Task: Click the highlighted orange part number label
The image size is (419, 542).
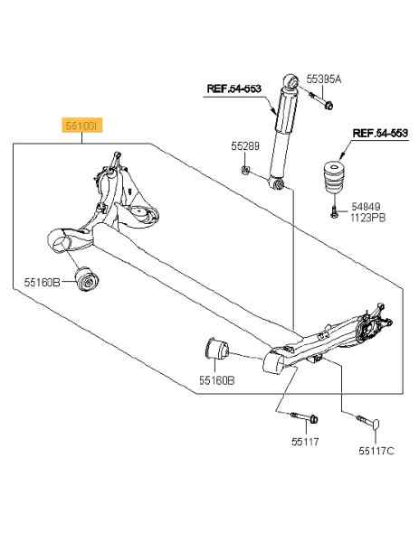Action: pos(82,126)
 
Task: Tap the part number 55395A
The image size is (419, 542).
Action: pos(324,79)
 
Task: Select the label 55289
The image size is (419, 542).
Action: pos(245,146)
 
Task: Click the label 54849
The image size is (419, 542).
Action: pos(366,207)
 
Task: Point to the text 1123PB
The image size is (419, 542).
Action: pos(367,218)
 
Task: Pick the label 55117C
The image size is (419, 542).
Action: pos(376,451)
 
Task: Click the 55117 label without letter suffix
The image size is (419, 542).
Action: pos(305,442)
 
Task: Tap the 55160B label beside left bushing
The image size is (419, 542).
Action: pos(42,283)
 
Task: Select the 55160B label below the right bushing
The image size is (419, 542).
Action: pos(217,380)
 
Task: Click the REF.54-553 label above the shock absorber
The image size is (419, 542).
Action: pos(233,89)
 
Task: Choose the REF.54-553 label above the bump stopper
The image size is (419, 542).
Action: pos(380,133)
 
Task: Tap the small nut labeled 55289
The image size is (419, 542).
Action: pos(245,170)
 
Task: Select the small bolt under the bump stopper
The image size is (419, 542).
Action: pos(334,211)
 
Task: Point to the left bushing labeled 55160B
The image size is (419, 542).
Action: pos(87,279)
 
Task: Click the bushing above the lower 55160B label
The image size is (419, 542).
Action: pos(215,350)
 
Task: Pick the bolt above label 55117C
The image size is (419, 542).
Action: pos(369,422)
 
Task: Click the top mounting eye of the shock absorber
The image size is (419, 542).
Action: pos(291,82)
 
